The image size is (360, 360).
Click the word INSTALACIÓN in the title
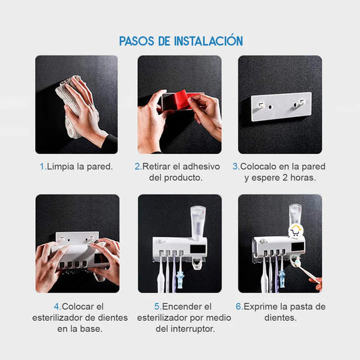208,41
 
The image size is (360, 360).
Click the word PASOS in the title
137,41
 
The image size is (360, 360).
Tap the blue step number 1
41,166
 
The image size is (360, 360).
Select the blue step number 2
137,166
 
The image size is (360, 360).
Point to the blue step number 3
235,166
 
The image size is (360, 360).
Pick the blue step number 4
57,306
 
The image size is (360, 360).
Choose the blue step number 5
157,306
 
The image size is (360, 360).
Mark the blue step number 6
238,306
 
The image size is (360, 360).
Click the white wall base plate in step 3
280,105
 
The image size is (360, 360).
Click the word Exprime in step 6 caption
261,306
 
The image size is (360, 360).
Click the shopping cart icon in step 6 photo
295,230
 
